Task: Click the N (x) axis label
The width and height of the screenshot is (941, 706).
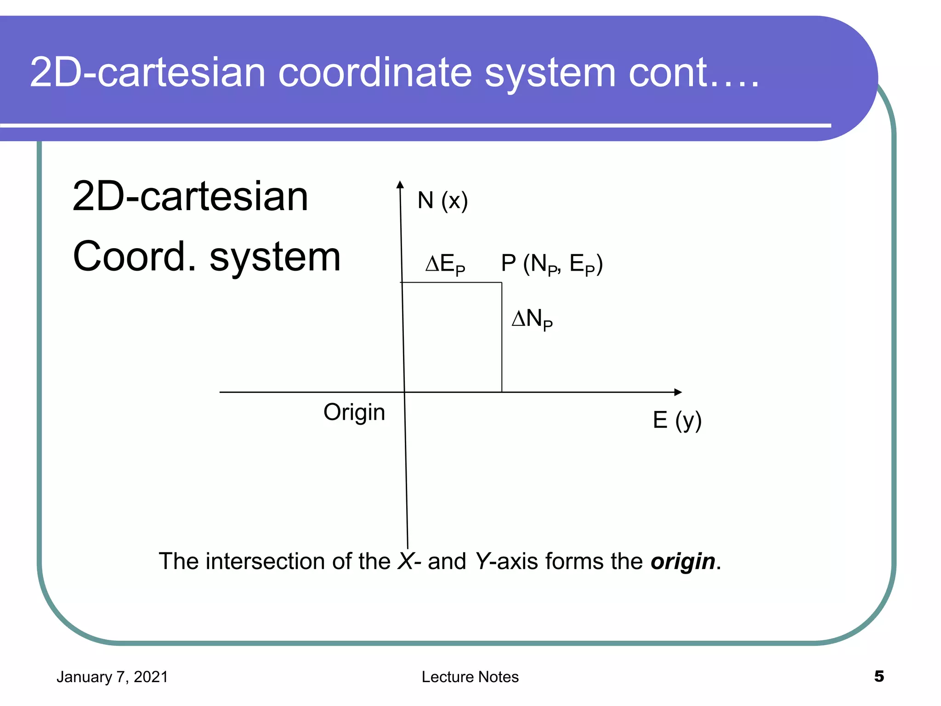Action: coord(442,201)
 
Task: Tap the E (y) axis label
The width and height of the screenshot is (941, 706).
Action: coord(677,420)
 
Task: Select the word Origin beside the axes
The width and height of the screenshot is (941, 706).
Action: coord(354,412)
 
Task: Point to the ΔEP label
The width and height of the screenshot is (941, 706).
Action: coord(445,264)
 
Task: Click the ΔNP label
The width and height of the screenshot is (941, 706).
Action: coord(532,319)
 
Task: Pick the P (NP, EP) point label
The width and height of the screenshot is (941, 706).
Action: coord(551,264)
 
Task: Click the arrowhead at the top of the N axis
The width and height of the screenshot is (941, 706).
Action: coord(400,185)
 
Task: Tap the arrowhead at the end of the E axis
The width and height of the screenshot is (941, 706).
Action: coord(678,392)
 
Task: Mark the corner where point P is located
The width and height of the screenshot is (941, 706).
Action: coord(502,283)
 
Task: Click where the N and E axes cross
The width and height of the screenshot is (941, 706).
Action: coord(404,392)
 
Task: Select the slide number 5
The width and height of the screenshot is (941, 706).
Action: coord(879,676)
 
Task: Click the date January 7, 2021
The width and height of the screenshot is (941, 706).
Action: coord(112,677)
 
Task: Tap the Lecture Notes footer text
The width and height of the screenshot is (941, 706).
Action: coord(470,677)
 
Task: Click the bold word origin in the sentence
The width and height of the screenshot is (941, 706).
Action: coord(683,562)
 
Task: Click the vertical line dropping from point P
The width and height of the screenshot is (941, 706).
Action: coord(502,340)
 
